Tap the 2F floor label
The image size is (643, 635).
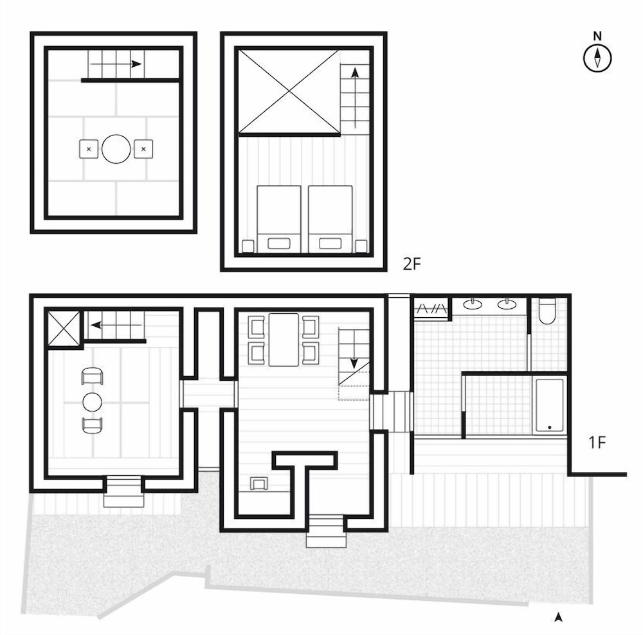coord(412,264)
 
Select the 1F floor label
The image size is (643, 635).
coord(597,442)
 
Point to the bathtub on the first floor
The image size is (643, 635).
coord(549,404)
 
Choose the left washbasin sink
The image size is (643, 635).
coord(475,303)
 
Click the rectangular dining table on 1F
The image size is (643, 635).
coord(284,339)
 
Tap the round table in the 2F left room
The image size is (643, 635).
coord(116,149)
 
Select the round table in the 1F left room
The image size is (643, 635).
coord(92,402)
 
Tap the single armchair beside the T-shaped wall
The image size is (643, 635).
coord(260,483)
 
